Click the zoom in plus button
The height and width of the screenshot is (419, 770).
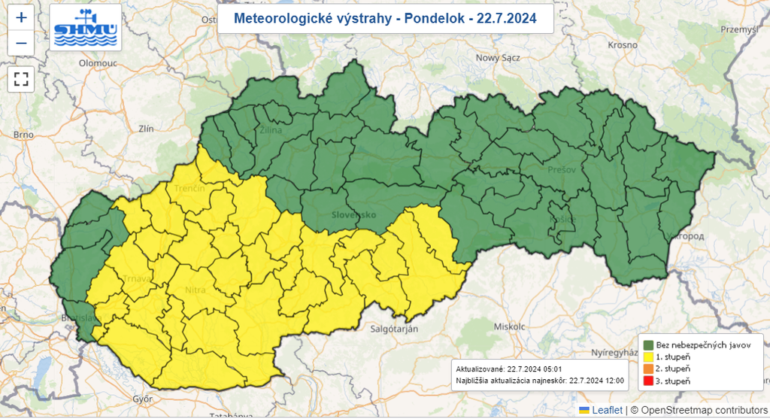click(21, 17)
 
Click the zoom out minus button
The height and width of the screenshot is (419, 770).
click(21, 43)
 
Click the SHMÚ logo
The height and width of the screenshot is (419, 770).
click(85, 27)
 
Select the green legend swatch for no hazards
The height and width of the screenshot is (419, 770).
click(647, 344)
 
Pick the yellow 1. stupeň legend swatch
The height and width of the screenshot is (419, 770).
click(647, 357)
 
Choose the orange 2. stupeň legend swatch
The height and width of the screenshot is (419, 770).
click(647, 369)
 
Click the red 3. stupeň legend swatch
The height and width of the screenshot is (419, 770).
click(647, 382)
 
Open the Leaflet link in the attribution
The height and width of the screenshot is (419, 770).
click(607, 410)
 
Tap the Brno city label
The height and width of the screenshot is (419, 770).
click(24, 135)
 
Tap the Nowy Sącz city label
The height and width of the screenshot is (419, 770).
click(498, 58)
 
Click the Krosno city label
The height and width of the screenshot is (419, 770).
click(623, 45)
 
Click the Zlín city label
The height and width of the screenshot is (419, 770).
click(145, 129)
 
